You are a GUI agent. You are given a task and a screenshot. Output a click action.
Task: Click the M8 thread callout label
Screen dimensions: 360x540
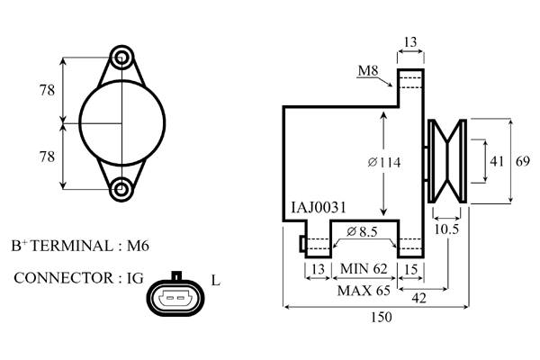(x=367, y=70)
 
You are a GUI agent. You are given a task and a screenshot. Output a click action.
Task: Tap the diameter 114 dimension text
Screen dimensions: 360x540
(x=384, y=163)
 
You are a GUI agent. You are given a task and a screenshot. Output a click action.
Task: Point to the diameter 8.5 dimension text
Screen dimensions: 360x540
(x=362, y=231)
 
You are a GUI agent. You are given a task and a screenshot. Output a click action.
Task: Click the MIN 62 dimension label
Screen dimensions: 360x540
(x=364, y=268)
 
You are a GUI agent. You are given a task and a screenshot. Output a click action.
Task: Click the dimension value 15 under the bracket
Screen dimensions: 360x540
(x=411, y=268)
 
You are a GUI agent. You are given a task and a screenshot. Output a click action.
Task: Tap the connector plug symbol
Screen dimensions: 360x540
(x=176, y=294)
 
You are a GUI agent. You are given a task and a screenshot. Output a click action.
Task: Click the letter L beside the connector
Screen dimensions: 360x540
(x=215, y=280)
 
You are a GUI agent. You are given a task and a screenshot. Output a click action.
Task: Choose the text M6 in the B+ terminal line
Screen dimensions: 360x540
(x=138, y=245)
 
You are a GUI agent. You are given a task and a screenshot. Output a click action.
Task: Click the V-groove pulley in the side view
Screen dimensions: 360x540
(x=447, y=162)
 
